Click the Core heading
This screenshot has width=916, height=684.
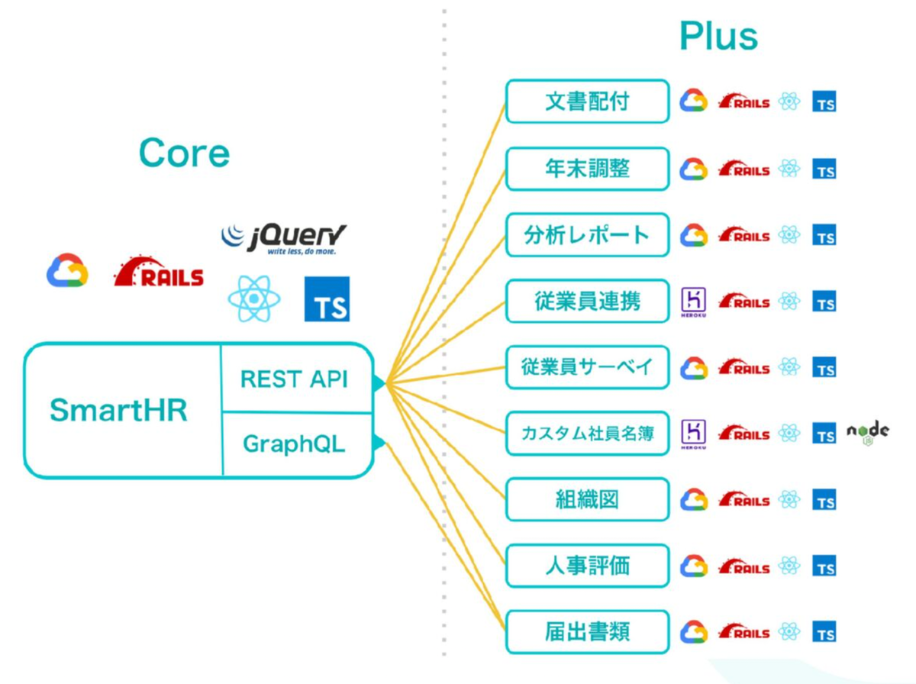[x=184, y=153]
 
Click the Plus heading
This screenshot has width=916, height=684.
[x=718, y=36]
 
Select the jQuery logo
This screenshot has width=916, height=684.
[x=283, y=238]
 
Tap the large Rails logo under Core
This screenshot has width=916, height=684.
[x=159, y=273]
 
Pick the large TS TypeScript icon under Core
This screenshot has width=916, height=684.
[x=327, y=298]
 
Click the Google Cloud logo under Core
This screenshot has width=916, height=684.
[x=67, y=271]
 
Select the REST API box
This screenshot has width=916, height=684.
[x=295, y=379]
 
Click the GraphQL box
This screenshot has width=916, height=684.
[x=295, y=444]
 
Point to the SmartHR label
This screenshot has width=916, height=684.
[x=118, y=411]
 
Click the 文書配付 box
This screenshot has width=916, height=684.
[x=587, y=101]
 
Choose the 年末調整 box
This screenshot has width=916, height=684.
[x=587, y=168]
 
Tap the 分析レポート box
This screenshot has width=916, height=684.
[x=587, y=235]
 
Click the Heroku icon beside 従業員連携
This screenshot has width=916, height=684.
[x=693, y=302]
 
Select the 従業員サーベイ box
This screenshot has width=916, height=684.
[x=587, y=367]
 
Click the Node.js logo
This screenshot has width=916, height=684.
[x=868, y=433]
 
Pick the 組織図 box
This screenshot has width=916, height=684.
[x=587, y=500]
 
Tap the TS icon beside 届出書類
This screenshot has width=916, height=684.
[x=824, y=633]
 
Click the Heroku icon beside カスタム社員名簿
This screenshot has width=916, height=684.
[x=693, y=434]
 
